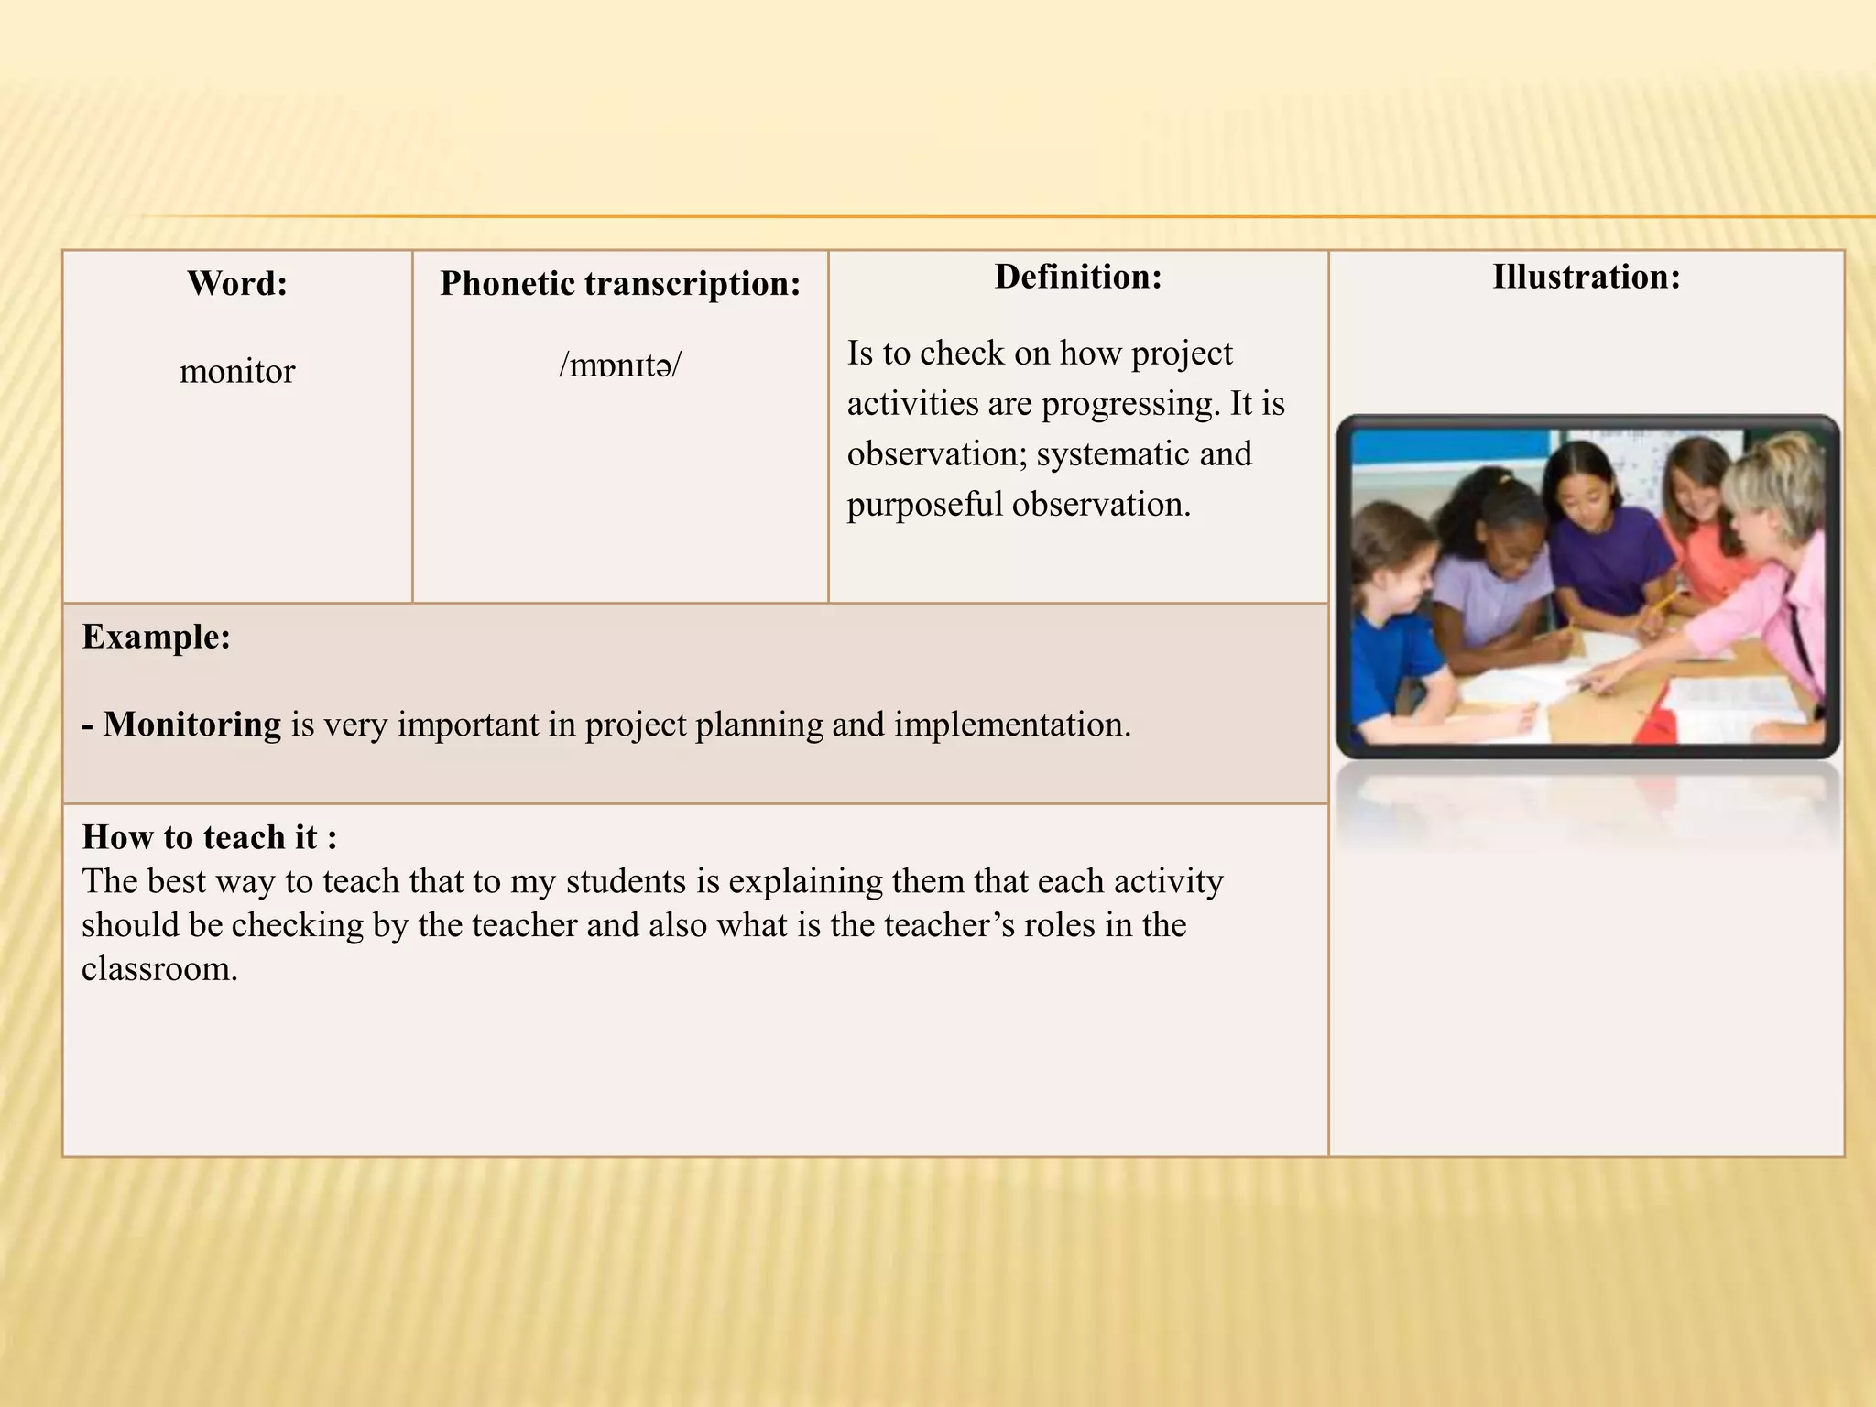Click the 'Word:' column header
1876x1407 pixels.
[237, 283]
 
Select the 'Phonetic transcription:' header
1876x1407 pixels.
[620, 283]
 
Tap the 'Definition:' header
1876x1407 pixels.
[1078, 277]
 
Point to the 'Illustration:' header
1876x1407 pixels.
[1587, 277]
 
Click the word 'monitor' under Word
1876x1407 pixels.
[237, 371]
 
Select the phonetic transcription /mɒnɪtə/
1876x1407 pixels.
[620, 365]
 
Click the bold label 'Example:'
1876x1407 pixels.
[156, 636]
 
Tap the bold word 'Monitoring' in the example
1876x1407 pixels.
[191, 724]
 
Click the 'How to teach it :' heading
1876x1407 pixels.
[209, 836]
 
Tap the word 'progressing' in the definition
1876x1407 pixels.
[1129, 403]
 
